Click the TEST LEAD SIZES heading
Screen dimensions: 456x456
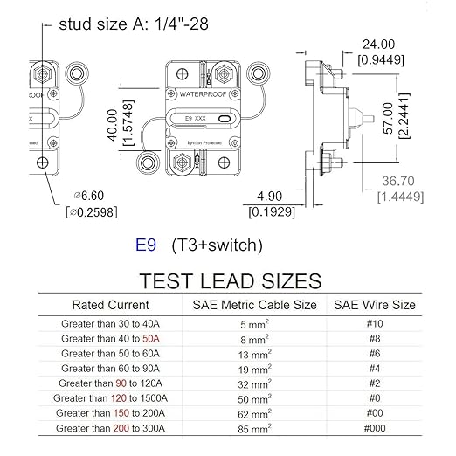(228, 280)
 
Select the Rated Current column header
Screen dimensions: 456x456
(110, 305)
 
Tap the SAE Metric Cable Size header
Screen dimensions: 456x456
(254, 305)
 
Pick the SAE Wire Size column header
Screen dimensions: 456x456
(375, 305)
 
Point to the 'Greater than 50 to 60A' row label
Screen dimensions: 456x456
(111, 354)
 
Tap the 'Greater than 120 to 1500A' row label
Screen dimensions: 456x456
(111, 398)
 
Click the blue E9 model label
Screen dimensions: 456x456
(146, 245)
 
